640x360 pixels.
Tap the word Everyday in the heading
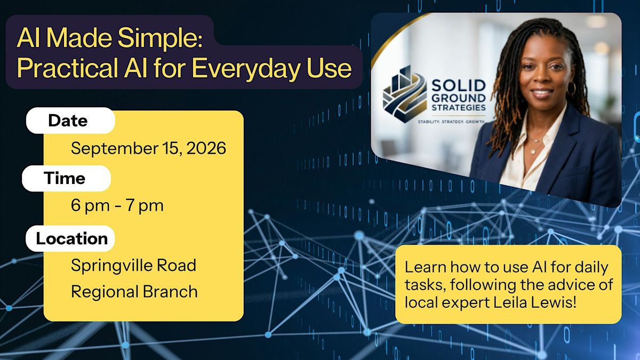pyautogui.click(x=246, y=69)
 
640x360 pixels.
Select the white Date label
pyautogui.click(x=70, y=121)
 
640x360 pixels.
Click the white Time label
pyautogui.click(x=66, y=178)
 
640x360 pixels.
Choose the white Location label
pyautogui.click(x=70, y=238)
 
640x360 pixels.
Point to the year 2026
pyautogui.click(x=206, y=148)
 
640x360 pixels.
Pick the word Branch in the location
pyautogui.click(x=170, y=292)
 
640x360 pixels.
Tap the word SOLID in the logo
pyautogui.click(x=459, y=86)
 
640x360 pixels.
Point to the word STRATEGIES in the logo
pyautogui.click(x=459, y=108)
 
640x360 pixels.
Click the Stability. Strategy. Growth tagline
pyautogui.click(x=451, y=122)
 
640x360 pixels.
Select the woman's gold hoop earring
pyautogui.click(x=571, y=89)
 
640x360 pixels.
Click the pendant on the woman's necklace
pyautogui.click(x=533, y=151)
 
